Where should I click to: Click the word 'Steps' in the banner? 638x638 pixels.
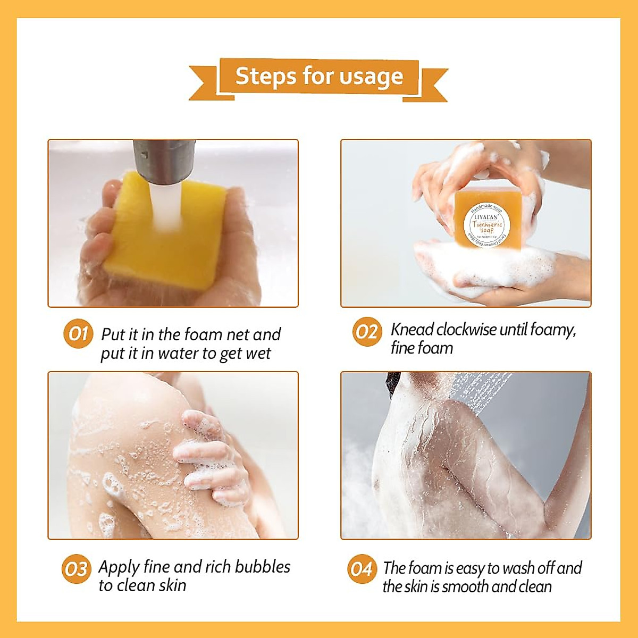pos(266,76)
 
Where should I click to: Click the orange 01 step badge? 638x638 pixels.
pos(78,334)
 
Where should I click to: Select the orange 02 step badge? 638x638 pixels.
pos(367,332)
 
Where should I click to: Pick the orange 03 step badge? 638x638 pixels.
pos(76,569)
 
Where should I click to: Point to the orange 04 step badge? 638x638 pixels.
pos(362,569)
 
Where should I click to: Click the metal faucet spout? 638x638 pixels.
pos(164,159)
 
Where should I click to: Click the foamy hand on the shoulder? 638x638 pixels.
pos(213,457)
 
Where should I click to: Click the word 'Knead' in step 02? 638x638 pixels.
pos(412,330)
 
